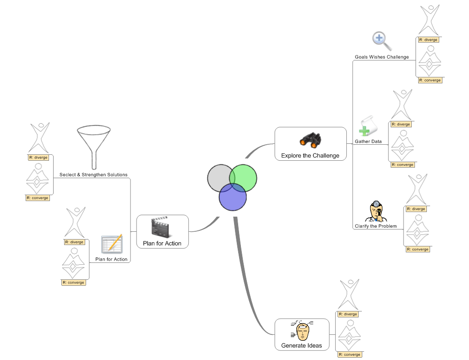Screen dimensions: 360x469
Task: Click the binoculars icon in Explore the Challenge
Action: coord(310,141)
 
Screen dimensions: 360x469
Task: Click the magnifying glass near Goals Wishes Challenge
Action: coord(382,41)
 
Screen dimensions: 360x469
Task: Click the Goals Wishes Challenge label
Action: coord(382,57)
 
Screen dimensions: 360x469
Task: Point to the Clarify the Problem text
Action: coord(376,226)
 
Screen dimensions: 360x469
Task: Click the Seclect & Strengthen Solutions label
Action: coord(93,175)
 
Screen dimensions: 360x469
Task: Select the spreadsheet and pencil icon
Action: coord(112,244)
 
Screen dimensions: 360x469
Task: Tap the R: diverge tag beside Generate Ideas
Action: coord(348,314)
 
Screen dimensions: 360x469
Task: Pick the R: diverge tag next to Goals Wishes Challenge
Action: coord(428,40)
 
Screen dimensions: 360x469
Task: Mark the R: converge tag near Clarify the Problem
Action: coord(418,250)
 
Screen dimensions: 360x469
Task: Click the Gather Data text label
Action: coord(368,142)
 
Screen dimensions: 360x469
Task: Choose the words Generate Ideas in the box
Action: coord(301,345)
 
